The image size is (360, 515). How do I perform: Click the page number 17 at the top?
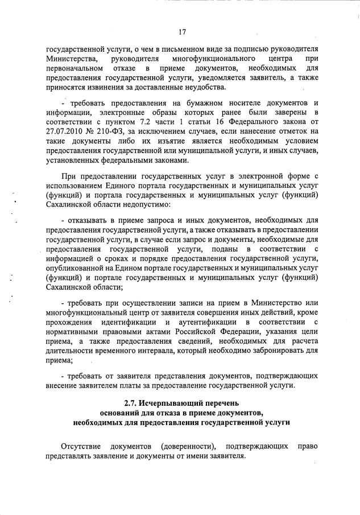(181, 32)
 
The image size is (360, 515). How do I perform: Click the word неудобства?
(206, 87)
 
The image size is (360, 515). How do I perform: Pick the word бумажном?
(181, 102)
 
